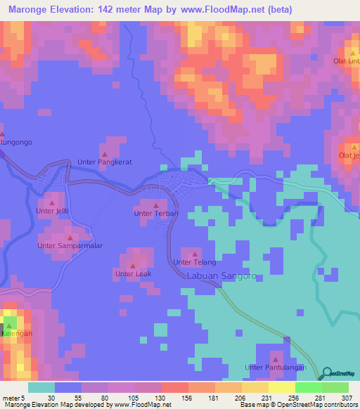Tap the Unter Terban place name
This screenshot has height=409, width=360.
pos(156,213)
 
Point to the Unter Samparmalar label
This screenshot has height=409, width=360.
pos(70,246)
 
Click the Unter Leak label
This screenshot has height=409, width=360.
pos(131,274)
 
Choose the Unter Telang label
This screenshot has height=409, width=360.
pos(194,262)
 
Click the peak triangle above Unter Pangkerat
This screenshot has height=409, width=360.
pos(105,154)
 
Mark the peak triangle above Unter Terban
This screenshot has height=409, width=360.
pos(155,205)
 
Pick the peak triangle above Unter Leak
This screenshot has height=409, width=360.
pos(132,266)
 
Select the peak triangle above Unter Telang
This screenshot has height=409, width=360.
pos(195,254)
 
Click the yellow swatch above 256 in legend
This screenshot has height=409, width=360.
pos(281,387)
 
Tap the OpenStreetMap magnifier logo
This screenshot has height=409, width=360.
pos(325,374)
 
